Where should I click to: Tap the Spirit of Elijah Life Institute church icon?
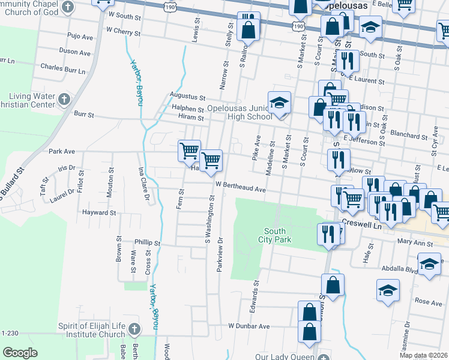click(134, 329)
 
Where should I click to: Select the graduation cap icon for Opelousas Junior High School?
click(279, 103)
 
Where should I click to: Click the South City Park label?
click(278, 235)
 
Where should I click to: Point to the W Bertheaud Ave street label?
click(240, 188)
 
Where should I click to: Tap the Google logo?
click(20, 352)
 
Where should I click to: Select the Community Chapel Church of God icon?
click(67, 7)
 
